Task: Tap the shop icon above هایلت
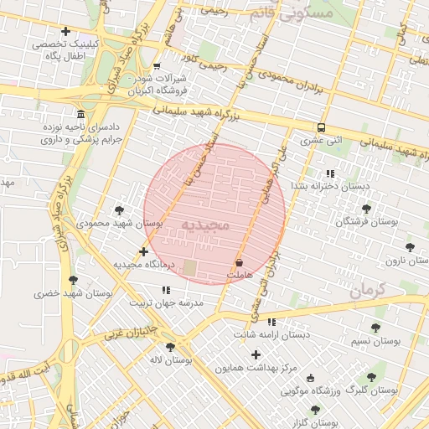[x=240, y=262]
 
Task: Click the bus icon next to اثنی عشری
[x=321, y=128]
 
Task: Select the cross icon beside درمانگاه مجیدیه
[x=143, y=251]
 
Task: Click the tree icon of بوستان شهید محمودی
[x=119, y=210]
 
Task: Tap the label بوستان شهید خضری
[x=73, y=294]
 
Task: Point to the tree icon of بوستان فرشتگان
[x=365, y=209]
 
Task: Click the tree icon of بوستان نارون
[x=410, y=247]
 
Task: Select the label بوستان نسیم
[x=374, y=342]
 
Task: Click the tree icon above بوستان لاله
[x=170, y=347]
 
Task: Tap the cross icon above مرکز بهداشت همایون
[x=256, y=354]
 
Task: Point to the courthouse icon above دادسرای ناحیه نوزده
[x=80, y=114]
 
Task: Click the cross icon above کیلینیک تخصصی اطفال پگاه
[x=65, y=31]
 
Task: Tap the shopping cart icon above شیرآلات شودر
[x=157, y=65]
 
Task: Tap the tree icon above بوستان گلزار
[x=315, y=410]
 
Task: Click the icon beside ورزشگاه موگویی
[x=312, y=378]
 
